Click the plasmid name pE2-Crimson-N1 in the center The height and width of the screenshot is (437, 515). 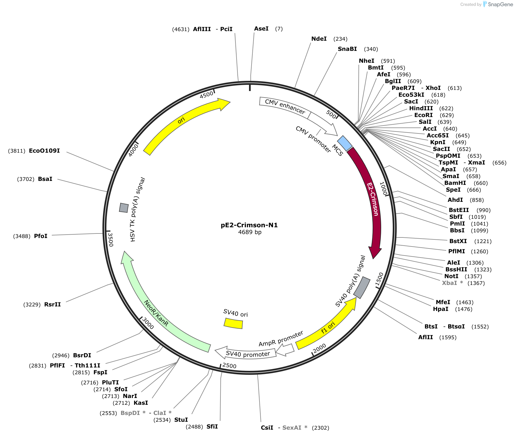[249, 225]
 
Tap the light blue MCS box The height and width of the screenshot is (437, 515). [345, 143]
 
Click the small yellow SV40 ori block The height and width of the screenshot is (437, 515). [233, 323]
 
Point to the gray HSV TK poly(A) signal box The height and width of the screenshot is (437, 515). [124, 207]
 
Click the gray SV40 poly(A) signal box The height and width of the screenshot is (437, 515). [362, 287]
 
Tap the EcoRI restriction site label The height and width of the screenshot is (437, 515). [423, 115]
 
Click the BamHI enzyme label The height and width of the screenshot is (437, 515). [455, 183]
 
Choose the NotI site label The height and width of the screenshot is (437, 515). [451, 276]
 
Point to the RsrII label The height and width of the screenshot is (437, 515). [53, 304]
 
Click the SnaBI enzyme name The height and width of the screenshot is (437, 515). [347, 49]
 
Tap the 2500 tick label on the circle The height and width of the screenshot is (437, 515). [229, 365]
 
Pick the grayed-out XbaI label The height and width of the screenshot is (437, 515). [449, 283]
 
